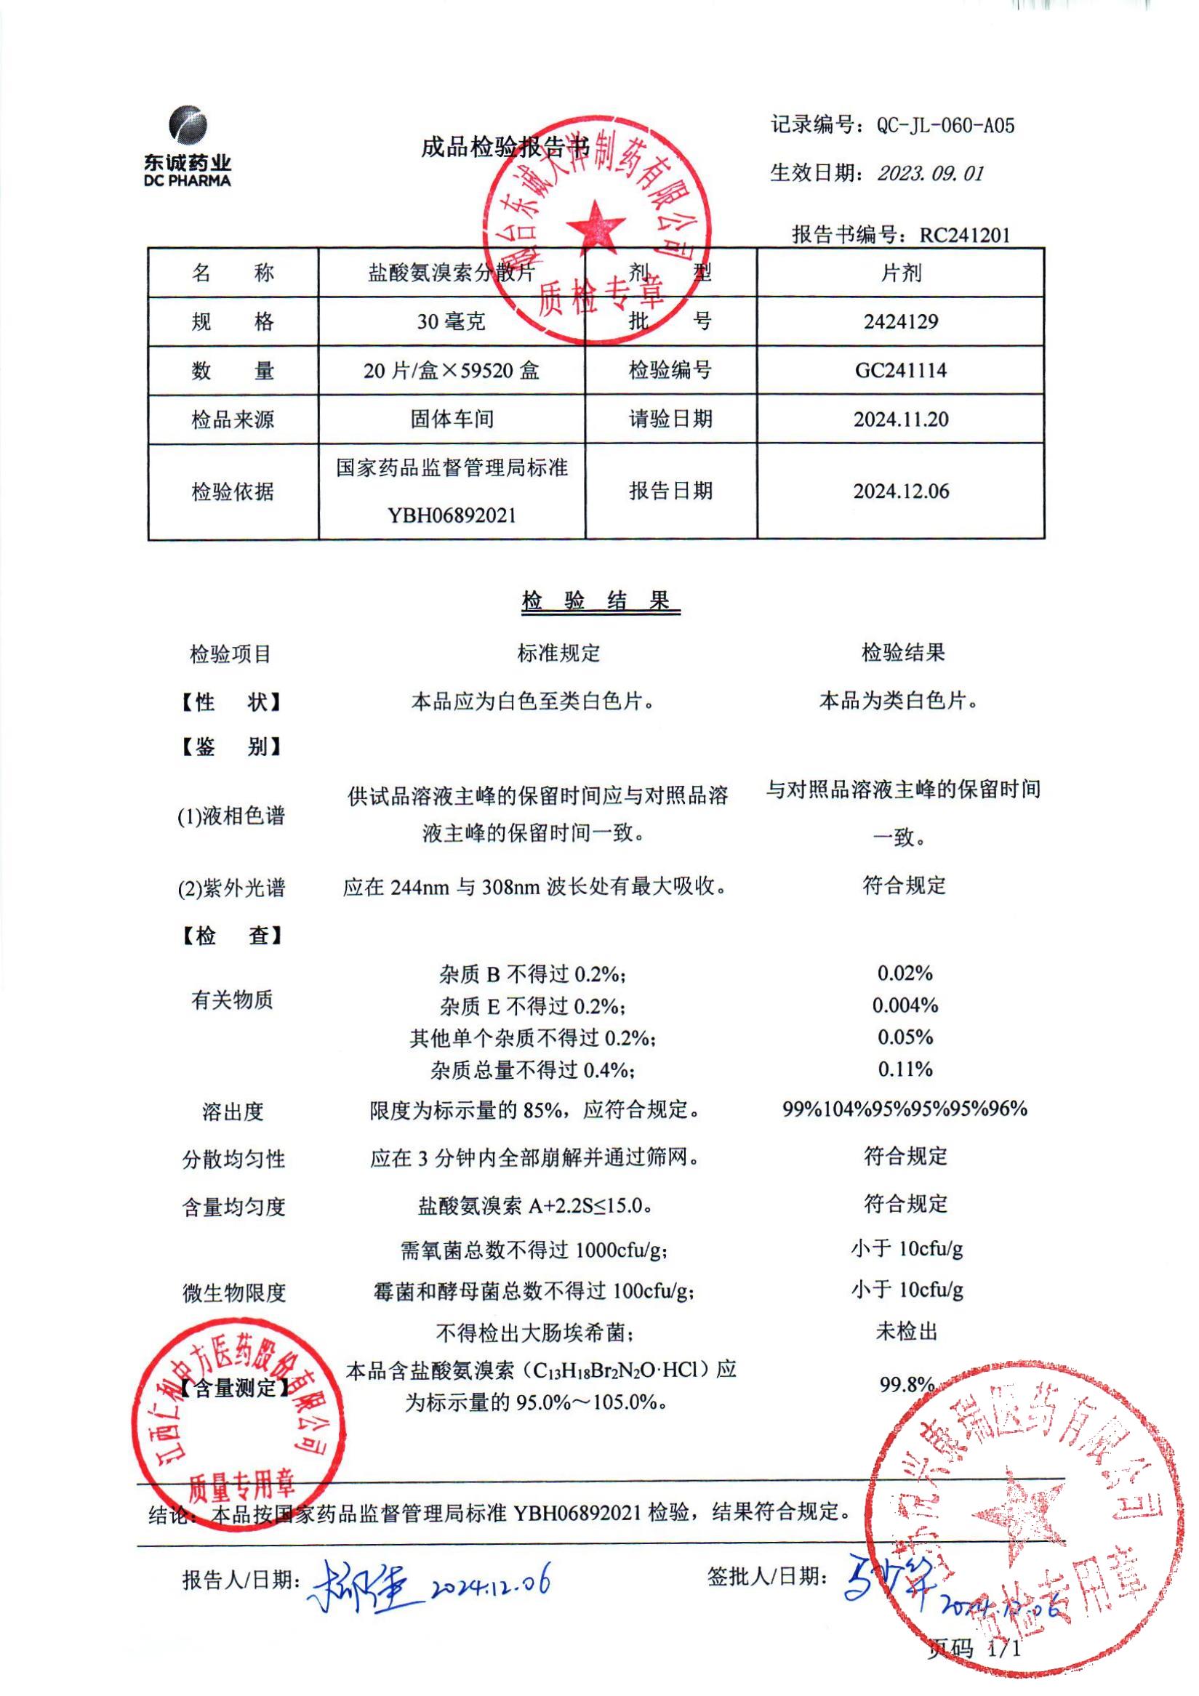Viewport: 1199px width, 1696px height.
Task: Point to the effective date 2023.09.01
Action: click(930, 174)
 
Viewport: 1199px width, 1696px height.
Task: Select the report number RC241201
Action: click(964, 236)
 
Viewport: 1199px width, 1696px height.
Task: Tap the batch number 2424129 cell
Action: click(901, 322)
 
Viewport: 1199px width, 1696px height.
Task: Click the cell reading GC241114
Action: click(901, 371)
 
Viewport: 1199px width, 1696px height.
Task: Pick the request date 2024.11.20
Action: click(901, 419)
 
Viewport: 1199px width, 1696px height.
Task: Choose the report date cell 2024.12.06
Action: click(901, 492)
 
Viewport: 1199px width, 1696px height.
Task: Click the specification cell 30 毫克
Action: click(451, 322)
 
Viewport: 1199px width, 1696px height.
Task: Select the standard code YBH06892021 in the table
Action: click(452, 515)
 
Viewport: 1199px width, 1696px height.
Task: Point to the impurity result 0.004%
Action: click(905, 1005)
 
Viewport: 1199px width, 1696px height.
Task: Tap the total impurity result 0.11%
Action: click(905, 1069)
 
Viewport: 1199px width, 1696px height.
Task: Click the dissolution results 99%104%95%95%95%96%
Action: click(905, 1109)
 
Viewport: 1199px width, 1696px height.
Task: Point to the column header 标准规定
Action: click(558, 653)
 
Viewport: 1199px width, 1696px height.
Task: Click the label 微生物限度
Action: click(233, 1293)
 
